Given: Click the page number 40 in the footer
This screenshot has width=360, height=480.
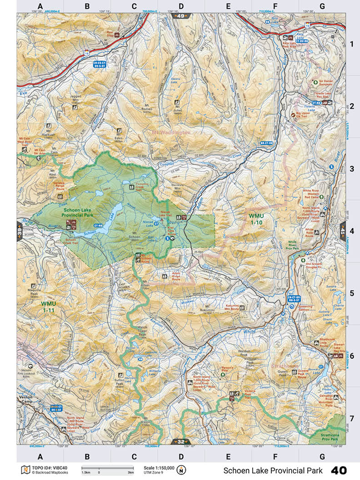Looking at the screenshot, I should coord(339,470).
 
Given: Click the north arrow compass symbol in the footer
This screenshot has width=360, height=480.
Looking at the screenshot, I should coord(182,470).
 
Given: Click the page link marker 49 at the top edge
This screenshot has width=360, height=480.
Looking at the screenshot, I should coord(181,16).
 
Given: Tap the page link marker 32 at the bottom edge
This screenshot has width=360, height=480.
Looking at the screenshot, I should coord(180,441).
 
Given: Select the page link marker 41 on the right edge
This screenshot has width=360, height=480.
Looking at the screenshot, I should coord(342,230).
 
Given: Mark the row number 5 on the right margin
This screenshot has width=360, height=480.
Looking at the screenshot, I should coord(351,293).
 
